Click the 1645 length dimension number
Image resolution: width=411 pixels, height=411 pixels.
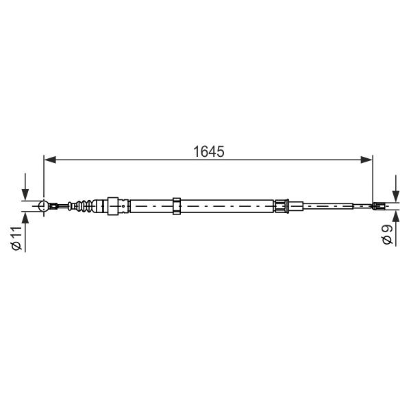(x=209, y=152)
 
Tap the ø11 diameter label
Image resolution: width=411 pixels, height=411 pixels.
(x=16, y=238)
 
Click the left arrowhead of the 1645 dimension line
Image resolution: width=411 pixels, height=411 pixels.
(x=50, y=160)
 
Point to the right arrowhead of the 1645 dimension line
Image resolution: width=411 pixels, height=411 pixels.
(x=366, y=160)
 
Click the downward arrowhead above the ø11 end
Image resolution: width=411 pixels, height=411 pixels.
(x=25, y=195)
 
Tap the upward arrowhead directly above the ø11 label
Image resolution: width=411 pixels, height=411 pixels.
(x=25, y=218)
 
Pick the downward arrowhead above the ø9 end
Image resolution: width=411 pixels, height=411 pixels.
(x=396, y=196)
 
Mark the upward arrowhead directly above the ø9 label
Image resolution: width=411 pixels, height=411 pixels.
(x=396, y=216)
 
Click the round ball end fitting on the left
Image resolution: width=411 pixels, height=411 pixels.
(x=43, y=206)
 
